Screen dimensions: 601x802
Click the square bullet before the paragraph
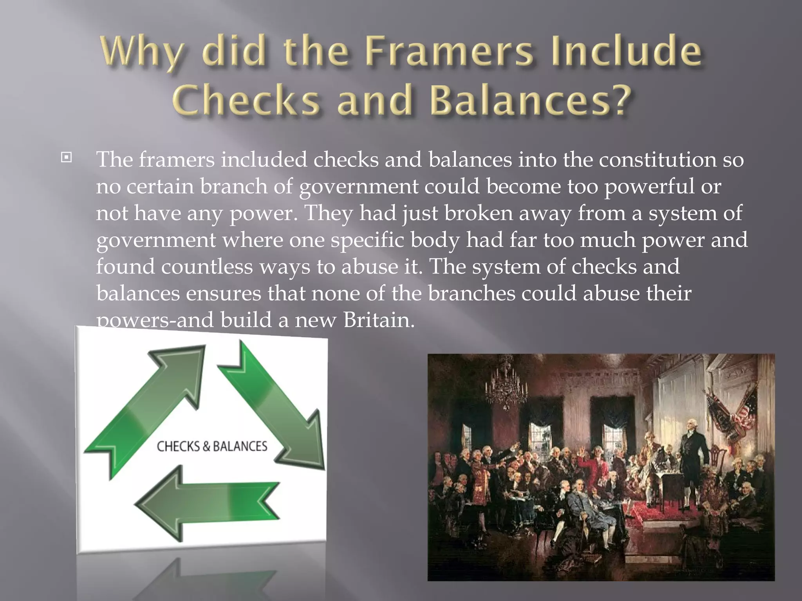tap(67, 158)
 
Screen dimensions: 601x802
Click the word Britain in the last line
tap(378, 320)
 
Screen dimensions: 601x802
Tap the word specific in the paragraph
tap(367, 241)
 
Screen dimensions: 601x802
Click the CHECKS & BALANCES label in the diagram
tap(212, 446)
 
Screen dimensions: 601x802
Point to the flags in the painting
tap(732, 415)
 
